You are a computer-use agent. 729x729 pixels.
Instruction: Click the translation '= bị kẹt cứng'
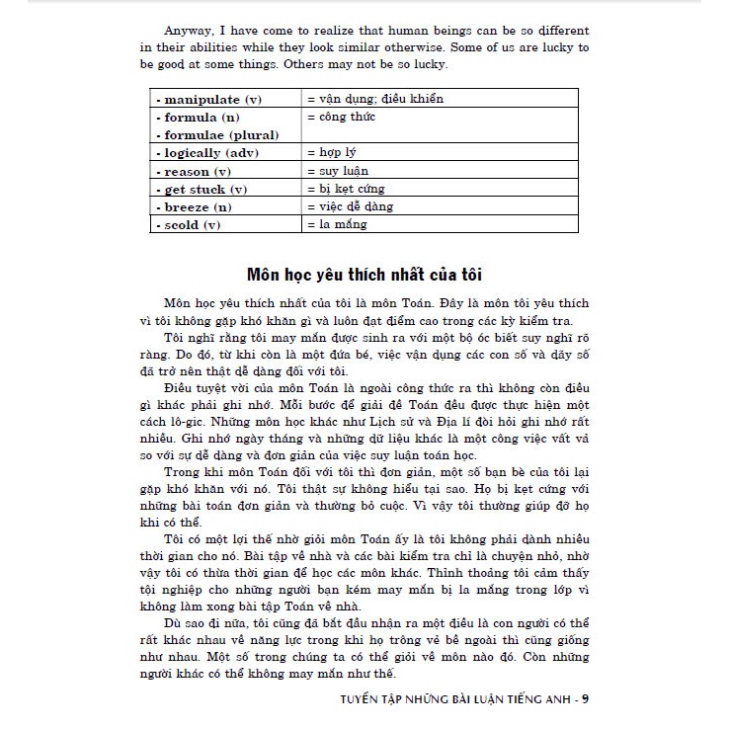346,189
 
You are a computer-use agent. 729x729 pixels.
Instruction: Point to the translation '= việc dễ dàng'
350,206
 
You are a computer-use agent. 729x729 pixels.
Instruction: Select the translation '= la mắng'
337,224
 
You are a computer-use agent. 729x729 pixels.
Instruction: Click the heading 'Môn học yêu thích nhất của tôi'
364,273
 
